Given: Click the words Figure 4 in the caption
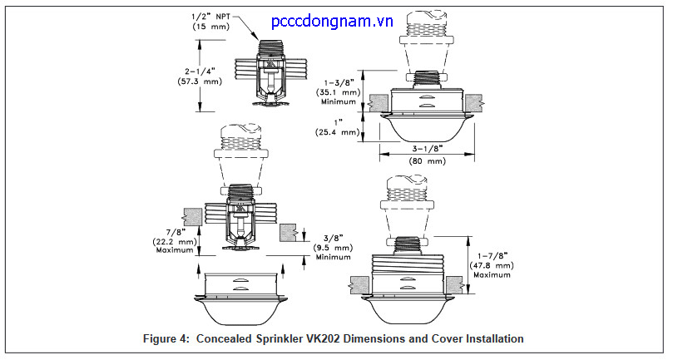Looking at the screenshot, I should coord(174,338).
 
